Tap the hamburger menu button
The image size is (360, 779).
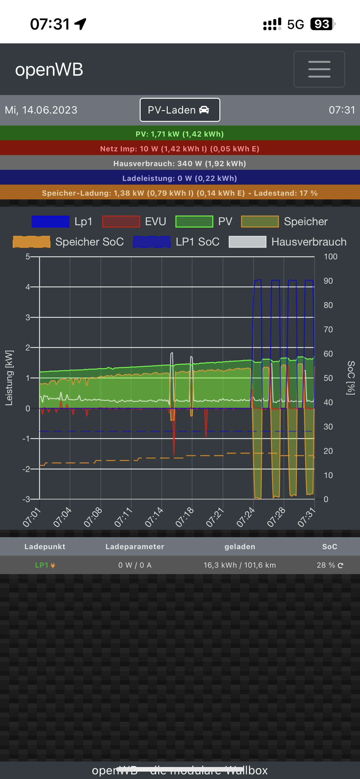[319, 69]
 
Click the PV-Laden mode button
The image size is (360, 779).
[180, 110]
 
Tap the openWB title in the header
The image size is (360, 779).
[49, 70]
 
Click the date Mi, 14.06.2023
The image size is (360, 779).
[41, 110]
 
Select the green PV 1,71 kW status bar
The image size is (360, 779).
[180, 134]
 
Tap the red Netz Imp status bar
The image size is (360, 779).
[180, 149]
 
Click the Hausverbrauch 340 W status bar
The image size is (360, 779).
[180, 163]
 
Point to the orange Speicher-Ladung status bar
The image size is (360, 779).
[180, 193]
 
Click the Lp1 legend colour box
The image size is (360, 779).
[50, 222]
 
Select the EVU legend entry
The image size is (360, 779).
[134, 222]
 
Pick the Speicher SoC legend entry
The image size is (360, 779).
[68, 242]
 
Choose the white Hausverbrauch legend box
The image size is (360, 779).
[247, 242]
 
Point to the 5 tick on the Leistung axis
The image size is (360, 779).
[28, 257]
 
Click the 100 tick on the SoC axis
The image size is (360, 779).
[330, 257]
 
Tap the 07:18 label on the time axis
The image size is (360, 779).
[185, 517]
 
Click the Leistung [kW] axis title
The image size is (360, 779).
[9, 378]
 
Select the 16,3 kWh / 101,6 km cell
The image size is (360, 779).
[240, 565]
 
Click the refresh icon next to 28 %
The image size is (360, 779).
[340, 565]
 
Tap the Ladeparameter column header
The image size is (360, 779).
[135, 547]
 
